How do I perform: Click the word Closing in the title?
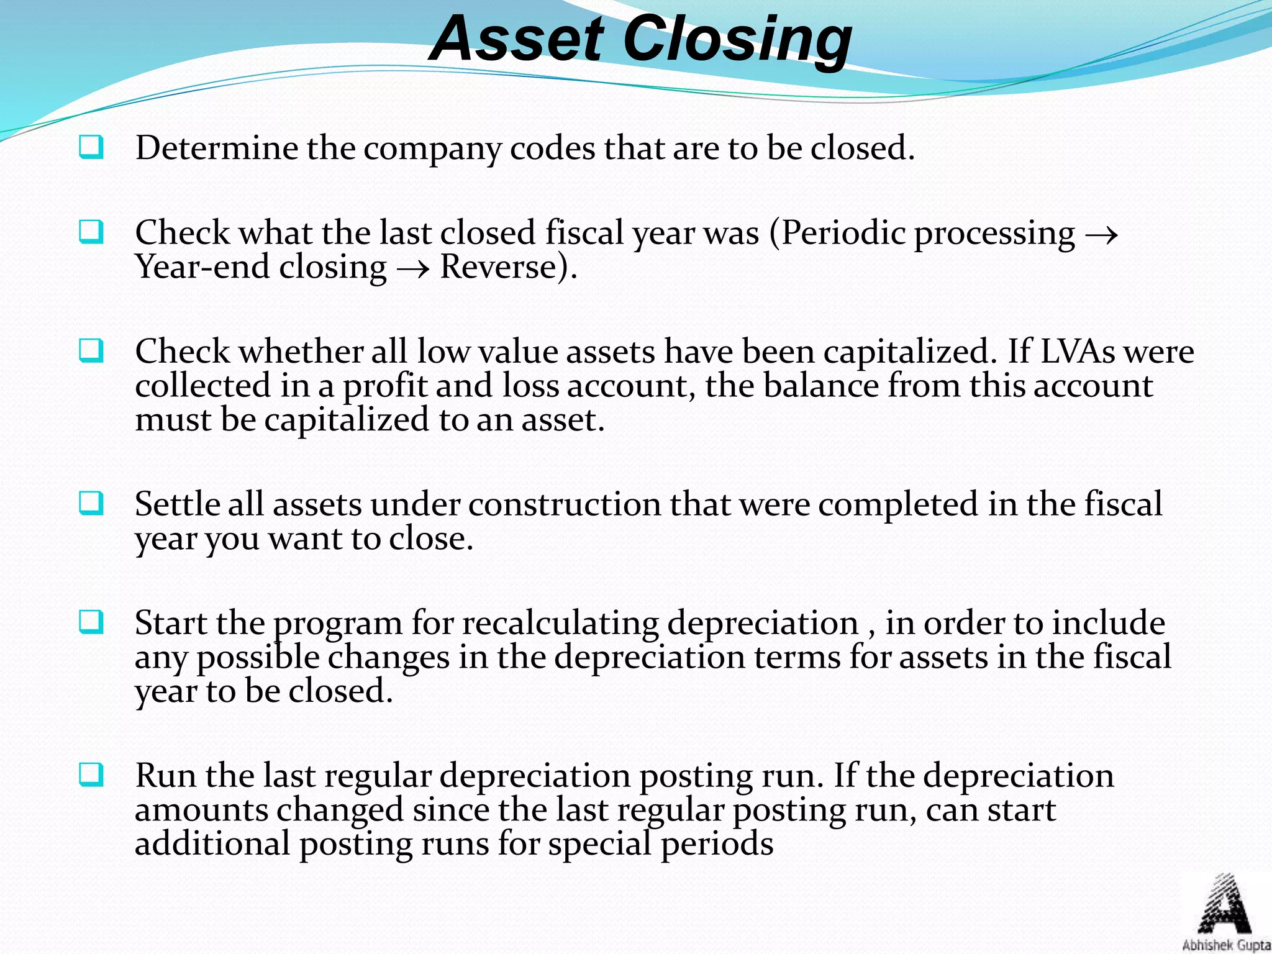tap(737, 41)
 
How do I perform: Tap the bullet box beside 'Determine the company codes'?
tap(91, 148)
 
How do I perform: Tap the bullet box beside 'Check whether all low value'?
tap(91, 352)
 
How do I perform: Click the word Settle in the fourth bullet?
tap(176, 504)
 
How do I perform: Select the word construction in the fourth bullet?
tap(565, 504)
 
